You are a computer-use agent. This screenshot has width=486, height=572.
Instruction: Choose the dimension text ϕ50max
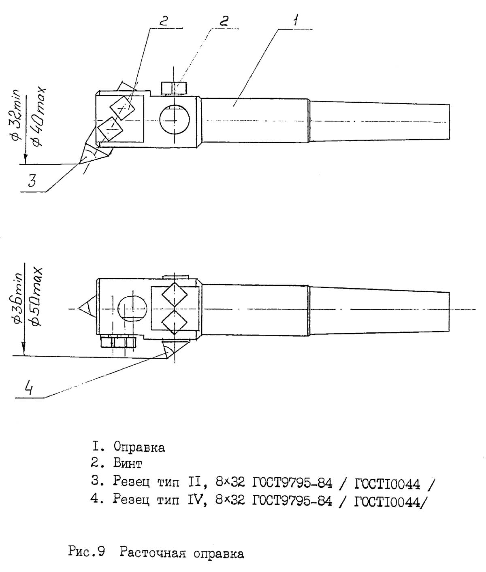(37, 295)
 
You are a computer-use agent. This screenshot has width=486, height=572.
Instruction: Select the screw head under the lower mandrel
(117, 342)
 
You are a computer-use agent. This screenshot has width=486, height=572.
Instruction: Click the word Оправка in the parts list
(139, 447)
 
